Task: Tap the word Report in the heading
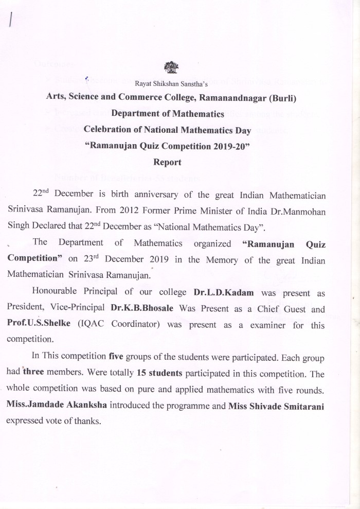(x=167, y=162)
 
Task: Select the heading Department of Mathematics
(x=168, y=113)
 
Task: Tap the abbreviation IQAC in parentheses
(x=94, y=324)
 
